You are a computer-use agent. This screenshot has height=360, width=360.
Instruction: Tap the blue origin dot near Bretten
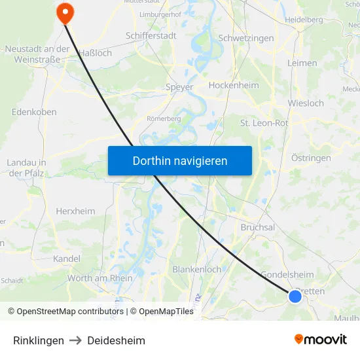295,297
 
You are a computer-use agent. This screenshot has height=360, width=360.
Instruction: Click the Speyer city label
180,87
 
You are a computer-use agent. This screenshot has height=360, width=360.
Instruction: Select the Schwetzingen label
246,39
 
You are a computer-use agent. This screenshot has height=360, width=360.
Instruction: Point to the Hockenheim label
234,85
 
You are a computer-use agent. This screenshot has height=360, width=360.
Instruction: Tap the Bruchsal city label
258,226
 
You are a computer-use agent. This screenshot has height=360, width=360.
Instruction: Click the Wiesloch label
306,103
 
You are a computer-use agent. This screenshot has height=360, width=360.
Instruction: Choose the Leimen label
302,63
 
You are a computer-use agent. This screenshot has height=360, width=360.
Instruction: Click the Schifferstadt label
151,36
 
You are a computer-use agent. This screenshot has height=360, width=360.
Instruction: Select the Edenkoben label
34,112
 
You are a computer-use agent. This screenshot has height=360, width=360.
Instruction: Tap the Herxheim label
75,211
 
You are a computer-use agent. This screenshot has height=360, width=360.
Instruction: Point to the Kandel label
67,259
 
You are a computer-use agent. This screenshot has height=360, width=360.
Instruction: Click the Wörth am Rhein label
99,278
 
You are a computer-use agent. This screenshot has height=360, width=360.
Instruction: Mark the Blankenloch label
196,269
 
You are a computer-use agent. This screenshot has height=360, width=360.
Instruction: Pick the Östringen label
311,158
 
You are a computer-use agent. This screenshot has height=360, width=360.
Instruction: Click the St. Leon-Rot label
264,122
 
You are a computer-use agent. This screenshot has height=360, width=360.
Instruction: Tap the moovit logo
320,340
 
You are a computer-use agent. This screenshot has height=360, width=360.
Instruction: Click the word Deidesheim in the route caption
117,340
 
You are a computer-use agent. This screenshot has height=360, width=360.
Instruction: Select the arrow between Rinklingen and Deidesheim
75,340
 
